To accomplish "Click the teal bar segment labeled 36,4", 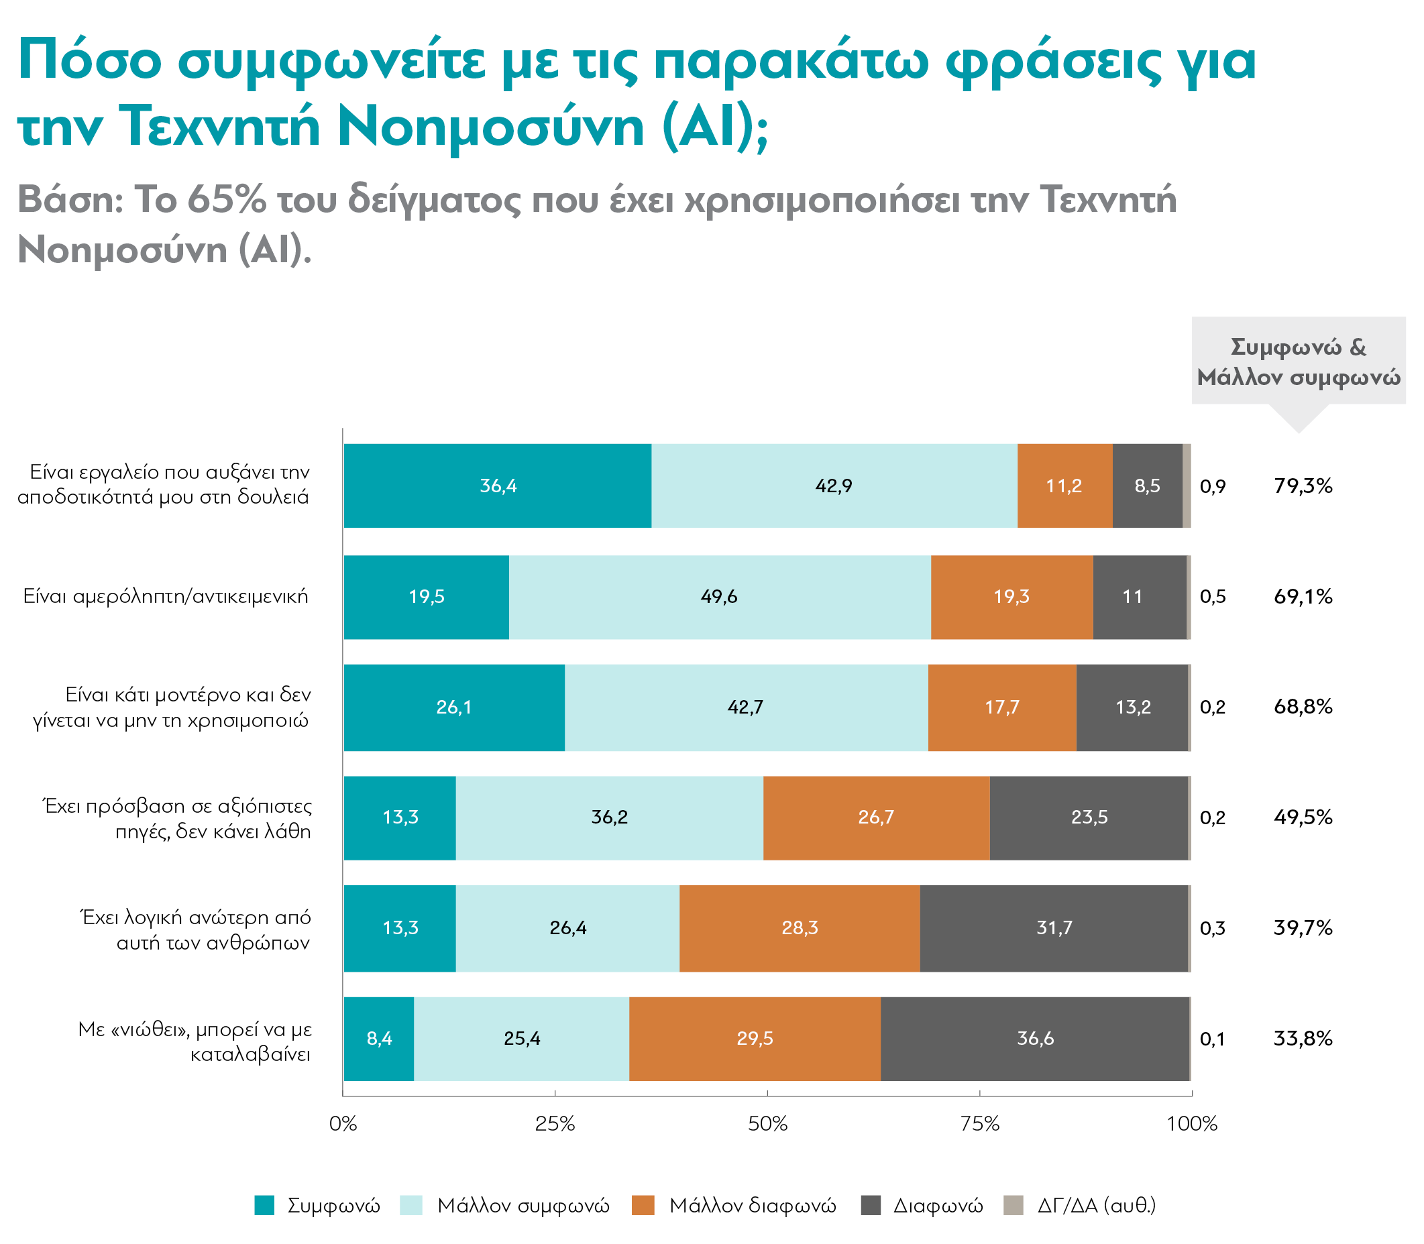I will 498,486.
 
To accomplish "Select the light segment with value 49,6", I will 719,596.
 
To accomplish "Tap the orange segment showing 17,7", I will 1002,707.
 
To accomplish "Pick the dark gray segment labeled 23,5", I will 1089,817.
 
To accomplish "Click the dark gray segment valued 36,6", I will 1034,1039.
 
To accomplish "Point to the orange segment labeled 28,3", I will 799,927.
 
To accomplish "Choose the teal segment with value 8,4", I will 379,1039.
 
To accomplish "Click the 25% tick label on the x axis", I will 555,1124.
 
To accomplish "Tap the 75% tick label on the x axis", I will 980,1124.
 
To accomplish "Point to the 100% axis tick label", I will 1192,1124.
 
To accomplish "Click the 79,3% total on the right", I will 1303,486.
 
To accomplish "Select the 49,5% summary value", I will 1303,817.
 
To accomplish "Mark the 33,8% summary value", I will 1303,1039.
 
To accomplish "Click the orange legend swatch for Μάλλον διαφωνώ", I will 643,1205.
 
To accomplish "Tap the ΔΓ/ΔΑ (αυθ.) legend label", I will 1096,1205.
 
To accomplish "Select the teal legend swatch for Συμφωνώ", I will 264,1205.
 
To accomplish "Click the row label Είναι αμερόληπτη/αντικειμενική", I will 165,596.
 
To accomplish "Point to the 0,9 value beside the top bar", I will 1212,486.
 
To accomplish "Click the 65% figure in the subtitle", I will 226,200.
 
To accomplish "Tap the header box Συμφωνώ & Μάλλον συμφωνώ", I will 1299,361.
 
